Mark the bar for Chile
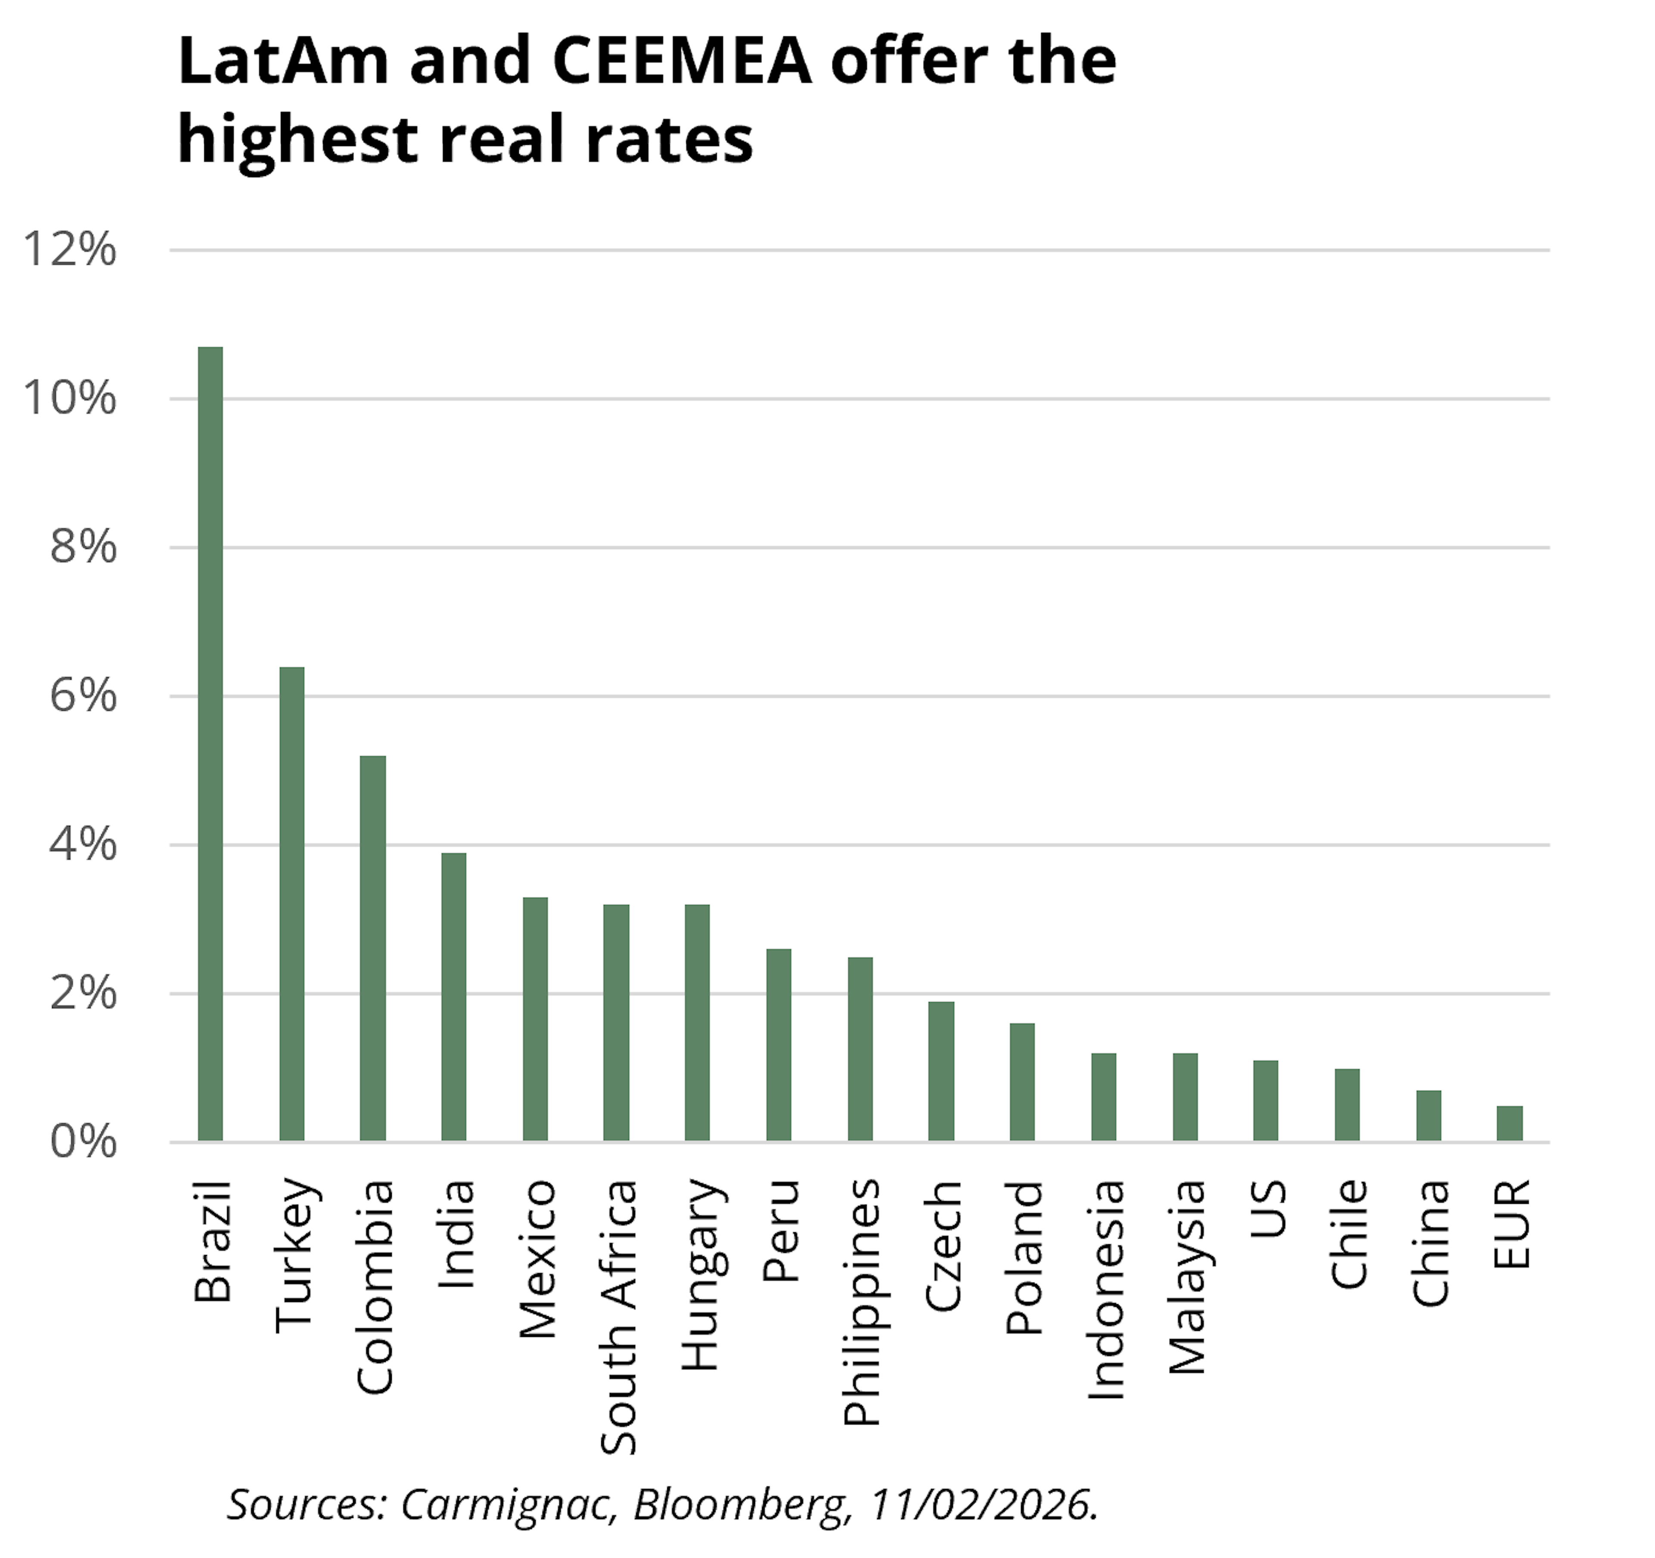[x=1347, y=1105]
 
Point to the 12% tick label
[x=70, y=250]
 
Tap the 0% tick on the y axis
[x=82, y=1142]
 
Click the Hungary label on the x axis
[x=700, y=1275]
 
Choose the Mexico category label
[x=537, y=1258]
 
